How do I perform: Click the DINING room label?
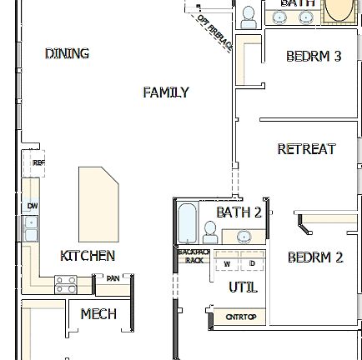66,54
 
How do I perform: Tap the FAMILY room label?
166,92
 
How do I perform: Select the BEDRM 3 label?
314,57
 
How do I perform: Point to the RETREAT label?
306,149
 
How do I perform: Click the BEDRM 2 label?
314,259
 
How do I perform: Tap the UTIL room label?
239,286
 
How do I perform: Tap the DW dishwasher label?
33,204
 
